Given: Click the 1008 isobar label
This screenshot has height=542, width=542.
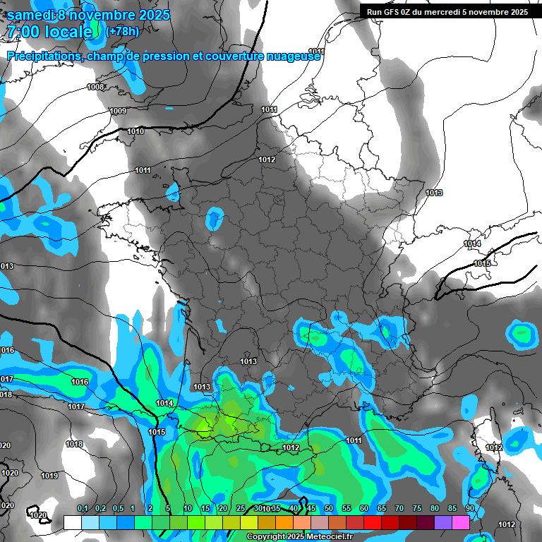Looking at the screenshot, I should [x=95, y=87].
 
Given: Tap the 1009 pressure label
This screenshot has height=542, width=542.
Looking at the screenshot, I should [x=118, y=111].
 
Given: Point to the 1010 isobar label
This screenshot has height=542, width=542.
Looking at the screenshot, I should [x=135, y=132].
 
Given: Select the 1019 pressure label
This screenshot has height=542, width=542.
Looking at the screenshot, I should [x=49, y=476].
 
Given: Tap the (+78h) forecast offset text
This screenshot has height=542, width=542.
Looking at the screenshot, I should [x=122, y=31].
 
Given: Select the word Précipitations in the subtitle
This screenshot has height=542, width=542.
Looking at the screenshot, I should [x=44, y=56].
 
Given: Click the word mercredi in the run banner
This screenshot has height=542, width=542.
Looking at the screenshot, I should [x=447, y=12].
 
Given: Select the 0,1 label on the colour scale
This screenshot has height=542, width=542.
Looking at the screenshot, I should [x=82, y=509].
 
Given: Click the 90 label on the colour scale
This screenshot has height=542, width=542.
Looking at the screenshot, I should [x=469, y=509].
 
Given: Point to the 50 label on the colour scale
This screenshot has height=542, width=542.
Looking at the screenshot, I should [x=329, y=509].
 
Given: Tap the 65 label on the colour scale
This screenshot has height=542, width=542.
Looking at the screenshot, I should [x=382, y=509].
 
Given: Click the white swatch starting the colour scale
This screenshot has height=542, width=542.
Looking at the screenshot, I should [x=73, y=522].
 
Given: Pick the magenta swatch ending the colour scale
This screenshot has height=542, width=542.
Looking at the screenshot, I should [x=460, y=522].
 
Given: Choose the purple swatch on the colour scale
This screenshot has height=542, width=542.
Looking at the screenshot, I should [x=442, y=522].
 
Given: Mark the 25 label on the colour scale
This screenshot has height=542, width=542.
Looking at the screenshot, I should [x=241, y=509].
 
